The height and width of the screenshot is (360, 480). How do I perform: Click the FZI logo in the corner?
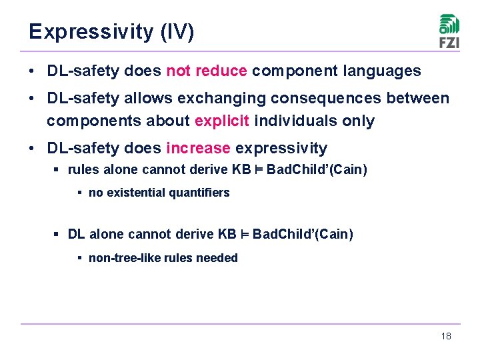click(x=449, y=31)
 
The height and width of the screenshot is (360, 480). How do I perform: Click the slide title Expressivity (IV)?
click(x=111, y=32)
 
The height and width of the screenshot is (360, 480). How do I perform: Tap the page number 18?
click(x=446, y=336)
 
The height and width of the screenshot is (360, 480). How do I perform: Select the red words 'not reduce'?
click(x=207, y=71)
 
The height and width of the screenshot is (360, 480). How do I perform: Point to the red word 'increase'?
click(x=198, y=147)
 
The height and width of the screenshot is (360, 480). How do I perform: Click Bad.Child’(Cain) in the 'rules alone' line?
click(x=317, y=169)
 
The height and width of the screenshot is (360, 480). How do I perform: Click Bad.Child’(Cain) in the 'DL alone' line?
click(x=303, y=234)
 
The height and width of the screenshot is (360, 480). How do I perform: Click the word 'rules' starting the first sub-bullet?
click(x=81, y=169)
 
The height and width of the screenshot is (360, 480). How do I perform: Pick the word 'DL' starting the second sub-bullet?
click(x=76, y=234)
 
